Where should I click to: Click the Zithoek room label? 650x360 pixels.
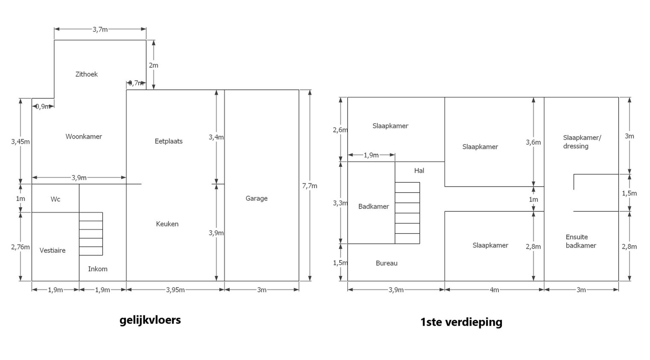86,74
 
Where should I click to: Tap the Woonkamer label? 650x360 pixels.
84,137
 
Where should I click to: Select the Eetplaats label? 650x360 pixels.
169,141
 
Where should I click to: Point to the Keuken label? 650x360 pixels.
167,224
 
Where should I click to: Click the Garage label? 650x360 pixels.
256,199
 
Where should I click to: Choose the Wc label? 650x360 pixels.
55,199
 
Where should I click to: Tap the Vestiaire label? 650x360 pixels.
52,251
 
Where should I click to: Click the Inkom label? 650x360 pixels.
97,269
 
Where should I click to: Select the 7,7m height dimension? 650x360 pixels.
309,186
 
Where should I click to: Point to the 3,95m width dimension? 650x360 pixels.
175,290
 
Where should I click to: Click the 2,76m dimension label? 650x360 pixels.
20,247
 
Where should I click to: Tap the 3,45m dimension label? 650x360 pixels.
20,142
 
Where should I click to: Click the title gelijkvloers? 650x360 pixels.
150,320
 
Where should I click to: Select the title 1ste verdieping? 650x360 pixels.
461,322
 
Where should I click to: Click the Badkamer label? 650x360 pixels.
373,206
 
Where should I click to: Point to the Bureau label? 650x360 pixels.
386,263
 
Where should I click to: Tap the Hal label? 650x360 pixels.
419,171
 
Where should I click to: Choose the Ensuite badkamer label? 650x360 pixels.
581,241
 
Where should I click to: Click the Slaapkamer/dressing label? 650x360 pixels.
582,142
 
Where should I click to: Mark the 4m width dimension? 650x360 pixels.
494,290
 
